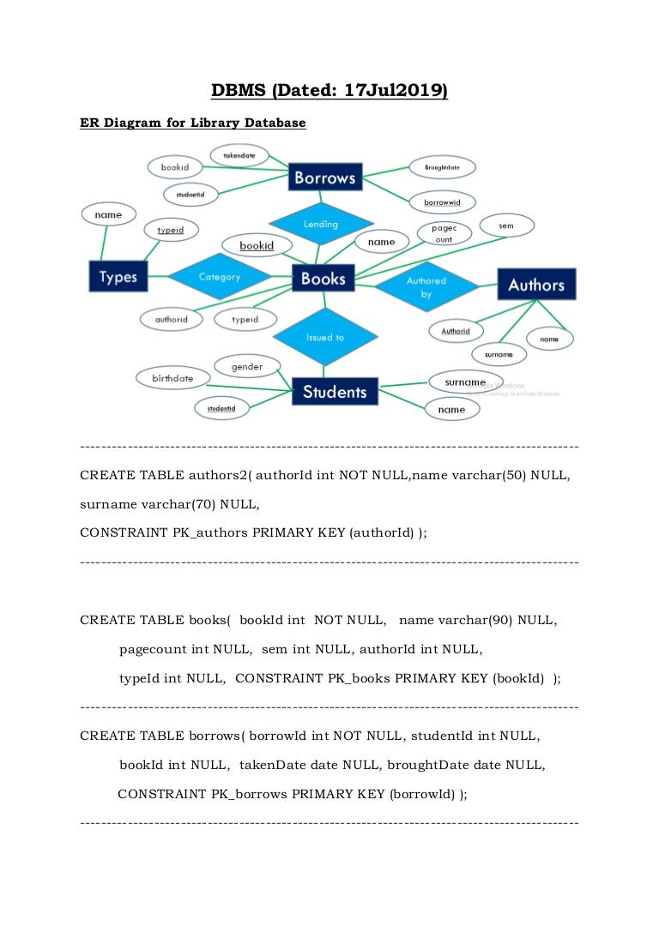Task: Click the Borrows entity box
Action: tap(324, 178)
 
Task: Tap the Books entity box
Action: tap(323, 278)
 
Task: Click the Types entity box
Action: tap(118, 277)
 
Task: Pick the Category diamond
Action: tap(220, 277)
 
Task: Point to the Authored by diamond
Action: tap(426, 287)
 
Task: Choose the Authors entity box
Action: tap(536, 285)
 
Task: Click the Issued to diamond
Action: tap(325, 337)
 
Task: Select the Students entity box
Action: tap(334, 392)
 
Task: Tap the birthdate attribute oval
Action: tap(172, 378)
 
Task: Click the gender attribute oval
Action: tap(247, 367)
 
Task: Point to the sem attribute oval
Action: tap(506, 225)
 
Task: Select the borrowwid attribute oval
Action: tap(442, 202)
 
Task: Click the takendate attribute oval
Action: tap(240, 156)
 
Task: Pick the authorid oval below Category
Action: tap(171, 319)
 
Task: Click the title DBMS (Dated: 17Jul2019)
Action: tap(329, 90)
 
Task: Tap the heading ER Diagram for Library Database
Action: tap(192, 123)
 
